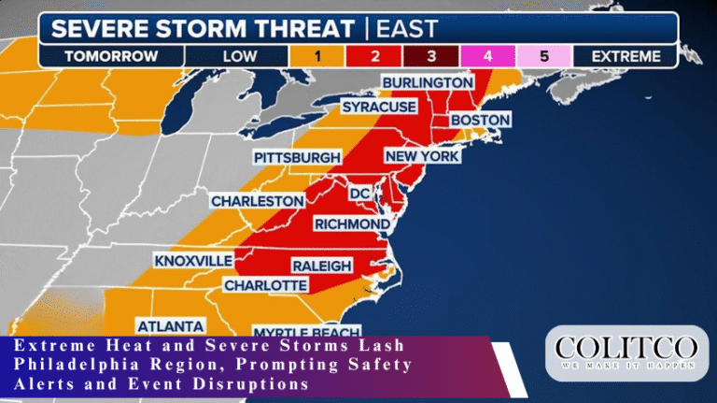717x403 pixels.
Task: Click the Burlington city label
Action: (428, 83)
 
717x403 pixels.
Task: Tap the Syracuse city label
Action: (378, 108)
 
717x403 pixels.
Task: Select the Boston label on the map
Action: (480, 121)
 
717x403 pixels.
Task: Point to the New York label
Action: (422, 156)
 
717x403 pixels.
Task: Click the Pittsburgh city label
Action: (297, 158)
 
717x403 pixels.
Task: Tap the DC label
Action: (360, 193)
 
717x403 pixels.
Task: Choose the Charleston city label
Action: (257, 201)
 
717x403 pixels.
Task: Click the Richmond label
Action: (351, 224)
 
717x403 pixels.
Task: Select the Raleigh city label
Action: (322, 266)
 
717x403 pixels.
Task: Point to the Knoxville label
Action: (191, 259)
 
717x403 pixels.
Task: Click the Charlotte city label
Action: (265, 284)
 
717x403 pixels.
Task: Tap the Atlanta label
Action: (171, 326)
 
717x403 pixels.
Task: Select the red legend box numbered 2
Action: (373, 56)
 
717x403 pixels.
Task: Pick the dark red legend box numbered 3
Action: (430, 56)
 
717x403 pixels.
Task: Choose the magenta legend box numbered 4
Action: (487, 56)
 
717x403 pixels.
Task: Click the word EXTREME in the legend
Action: (625, 56)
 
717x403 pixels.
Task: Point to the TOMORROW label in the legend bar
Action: (111, 56)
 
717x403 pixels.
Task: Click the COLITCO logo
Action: (626, 355)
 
